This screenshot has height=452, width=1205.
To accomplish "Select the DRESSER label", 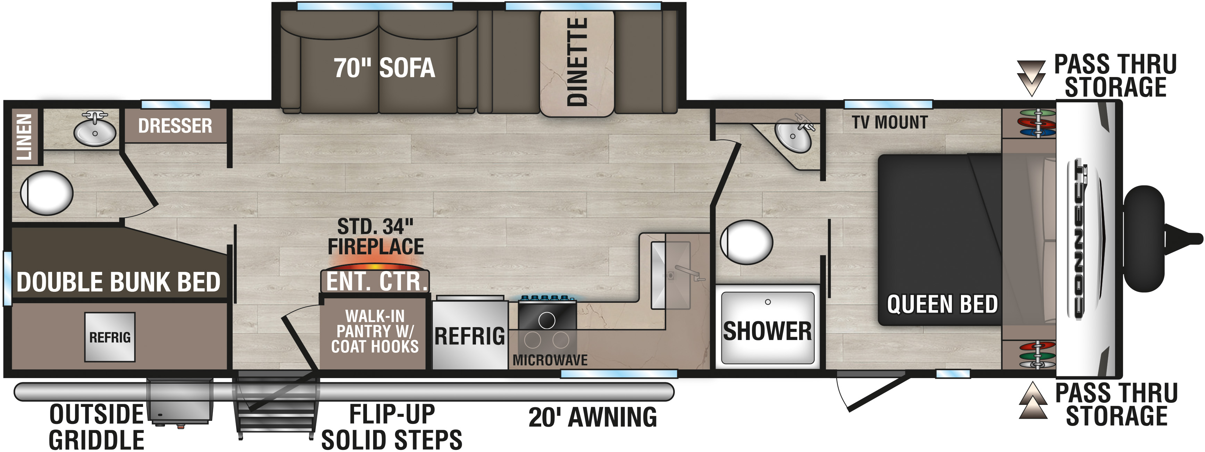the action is coord(175,126).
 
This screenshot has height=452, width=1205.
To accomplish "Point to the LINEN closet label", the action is coord(24,137).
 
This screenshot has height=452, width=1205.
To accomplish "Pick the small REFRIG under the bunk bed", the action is coord(110,337).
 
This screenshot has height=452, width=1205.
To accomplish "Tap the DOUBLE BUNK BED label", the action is coord(118,282).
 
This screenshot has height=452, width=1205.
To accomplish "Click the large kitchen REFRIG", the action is coord(470,335).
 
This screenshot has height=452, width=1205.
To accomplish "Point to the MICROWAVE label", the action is coord(550,360).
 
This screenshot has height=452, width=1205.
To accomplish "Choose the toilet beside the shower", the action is coord(747,242).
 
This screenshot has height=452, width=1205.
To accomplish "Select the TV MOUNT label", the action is coord(890,122).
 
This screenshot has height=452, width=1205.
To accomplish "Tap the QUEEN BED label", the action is coord(942,304).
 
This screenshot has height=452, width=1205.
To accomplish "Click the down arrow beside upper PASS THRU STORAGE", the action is coord(1031,78).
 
